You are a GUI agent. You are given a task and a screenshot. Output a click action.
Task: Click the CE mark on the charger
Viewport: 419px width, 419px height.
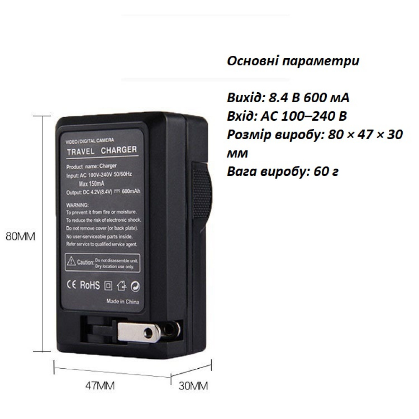tap(70, 285)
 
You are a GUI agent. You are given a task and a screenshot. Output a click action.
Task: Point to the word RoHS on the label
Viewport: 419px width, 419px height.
tap(90, 286)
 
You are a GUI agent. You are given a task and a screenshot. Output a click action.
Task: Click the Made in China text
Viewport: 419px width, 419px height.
tap(123, 301)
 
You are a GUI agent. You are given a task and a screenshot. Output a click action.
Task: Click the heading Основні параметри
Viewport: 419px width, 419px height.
tap(293, 61)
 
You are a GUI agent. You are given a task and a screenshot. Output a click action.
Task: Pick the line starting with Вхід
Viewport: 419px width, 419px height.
tap(287, 116)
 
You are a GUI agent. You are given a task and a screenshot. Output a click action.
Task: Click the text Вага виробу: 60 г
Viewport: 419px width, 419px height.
tap(283, 172)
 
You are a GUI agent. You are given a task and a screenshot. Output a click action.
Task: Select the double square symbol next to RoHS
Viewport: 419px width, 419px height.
tap(108, 286)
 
